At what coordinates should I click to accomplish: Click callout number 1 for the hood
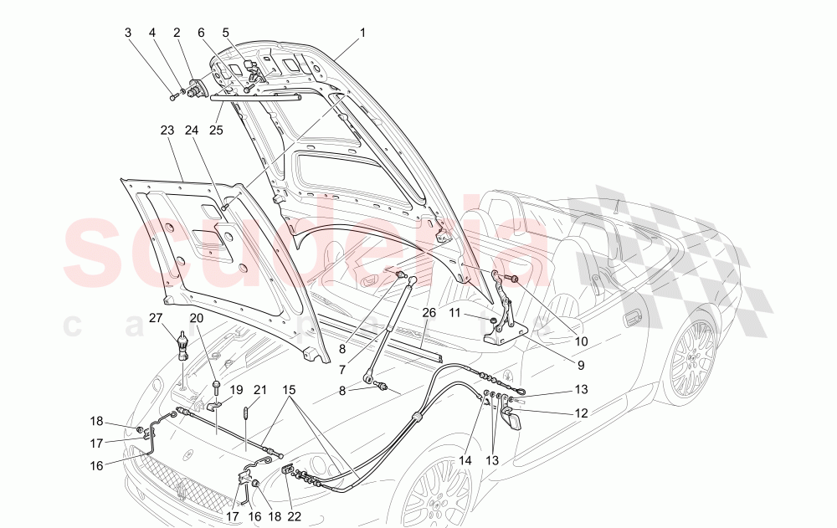pyautogui.click(x=362, y=33)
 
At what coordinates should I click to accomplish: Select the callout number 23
pyautogui.click(x=167, y=131)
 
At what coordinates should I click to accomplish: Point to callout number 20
pyautogui.click(x=197, y=317)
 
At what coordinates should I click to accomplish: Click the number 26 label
pyautogui.click(x=429, y=313)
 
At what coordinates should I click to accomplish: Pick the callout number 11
pyautogui.click(x=478, y=312)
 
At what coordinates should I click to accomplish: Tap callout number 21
pyautogui.click(x=259, y=391)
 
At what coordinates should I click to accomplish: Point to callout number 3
pyautogui.click(x=128, y=33)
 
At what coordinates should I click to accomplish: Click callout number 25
pyautogui.click(x=216, y=131)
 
